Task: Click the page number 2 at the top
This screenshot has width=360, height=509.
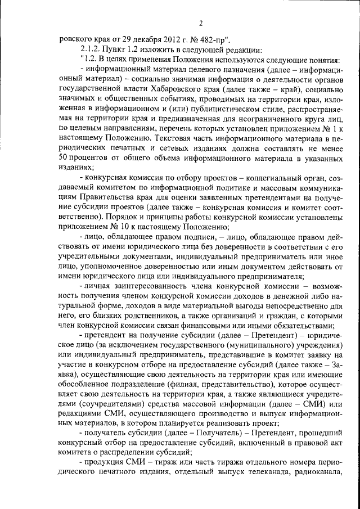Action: click(201, 22)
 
